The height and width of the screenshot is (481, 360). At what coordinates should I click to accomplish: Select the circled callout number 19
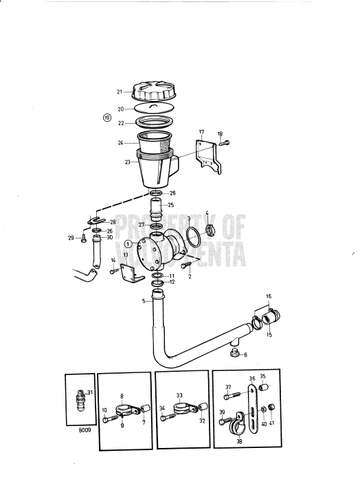[106, 118]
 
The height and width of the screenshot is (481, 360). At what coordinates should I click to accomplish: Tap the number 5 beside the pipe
[144, 301]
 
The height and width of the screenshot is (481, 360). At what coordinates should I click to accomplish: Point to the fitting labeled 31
[81, 399]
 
